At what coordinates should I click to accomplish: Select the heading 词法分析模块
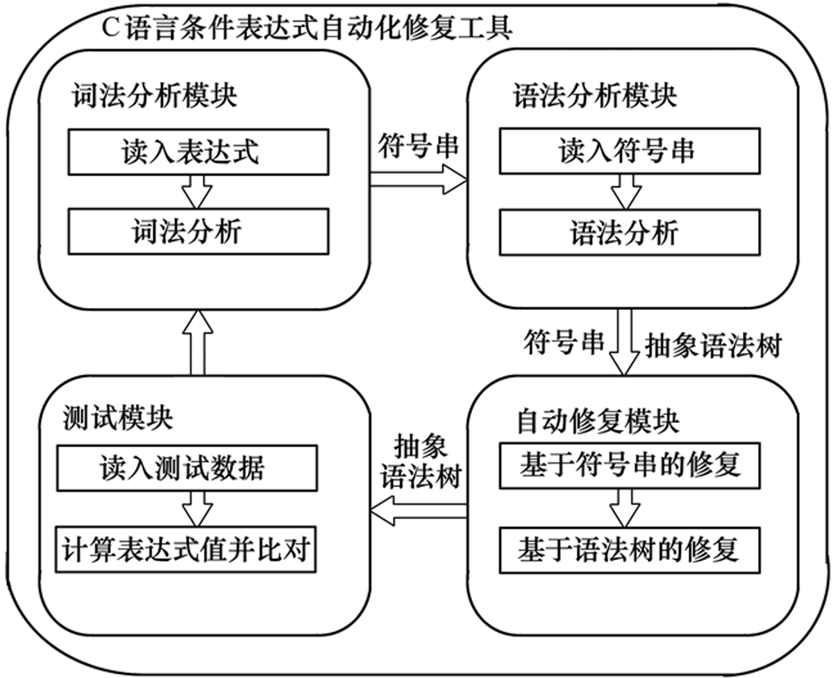point(154,96)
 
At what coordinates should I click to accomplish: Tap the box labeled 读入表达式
point(198,152)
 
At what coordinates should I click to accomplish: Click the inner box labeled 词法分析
point(198,232)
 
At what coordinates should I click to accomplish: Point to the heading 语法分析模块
point(595,96)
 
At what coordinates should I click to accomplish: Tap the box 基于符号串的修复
point(629,465)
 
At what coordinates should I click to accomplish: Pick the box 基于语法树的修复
point(629,550)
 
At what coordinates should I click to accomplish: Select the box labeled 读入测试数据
point(188,469)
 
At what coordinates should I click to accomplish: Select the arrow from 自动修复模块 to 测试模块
point(419,512)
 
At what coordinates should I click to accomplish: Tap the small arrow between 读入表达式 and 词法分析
point(198,191)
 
